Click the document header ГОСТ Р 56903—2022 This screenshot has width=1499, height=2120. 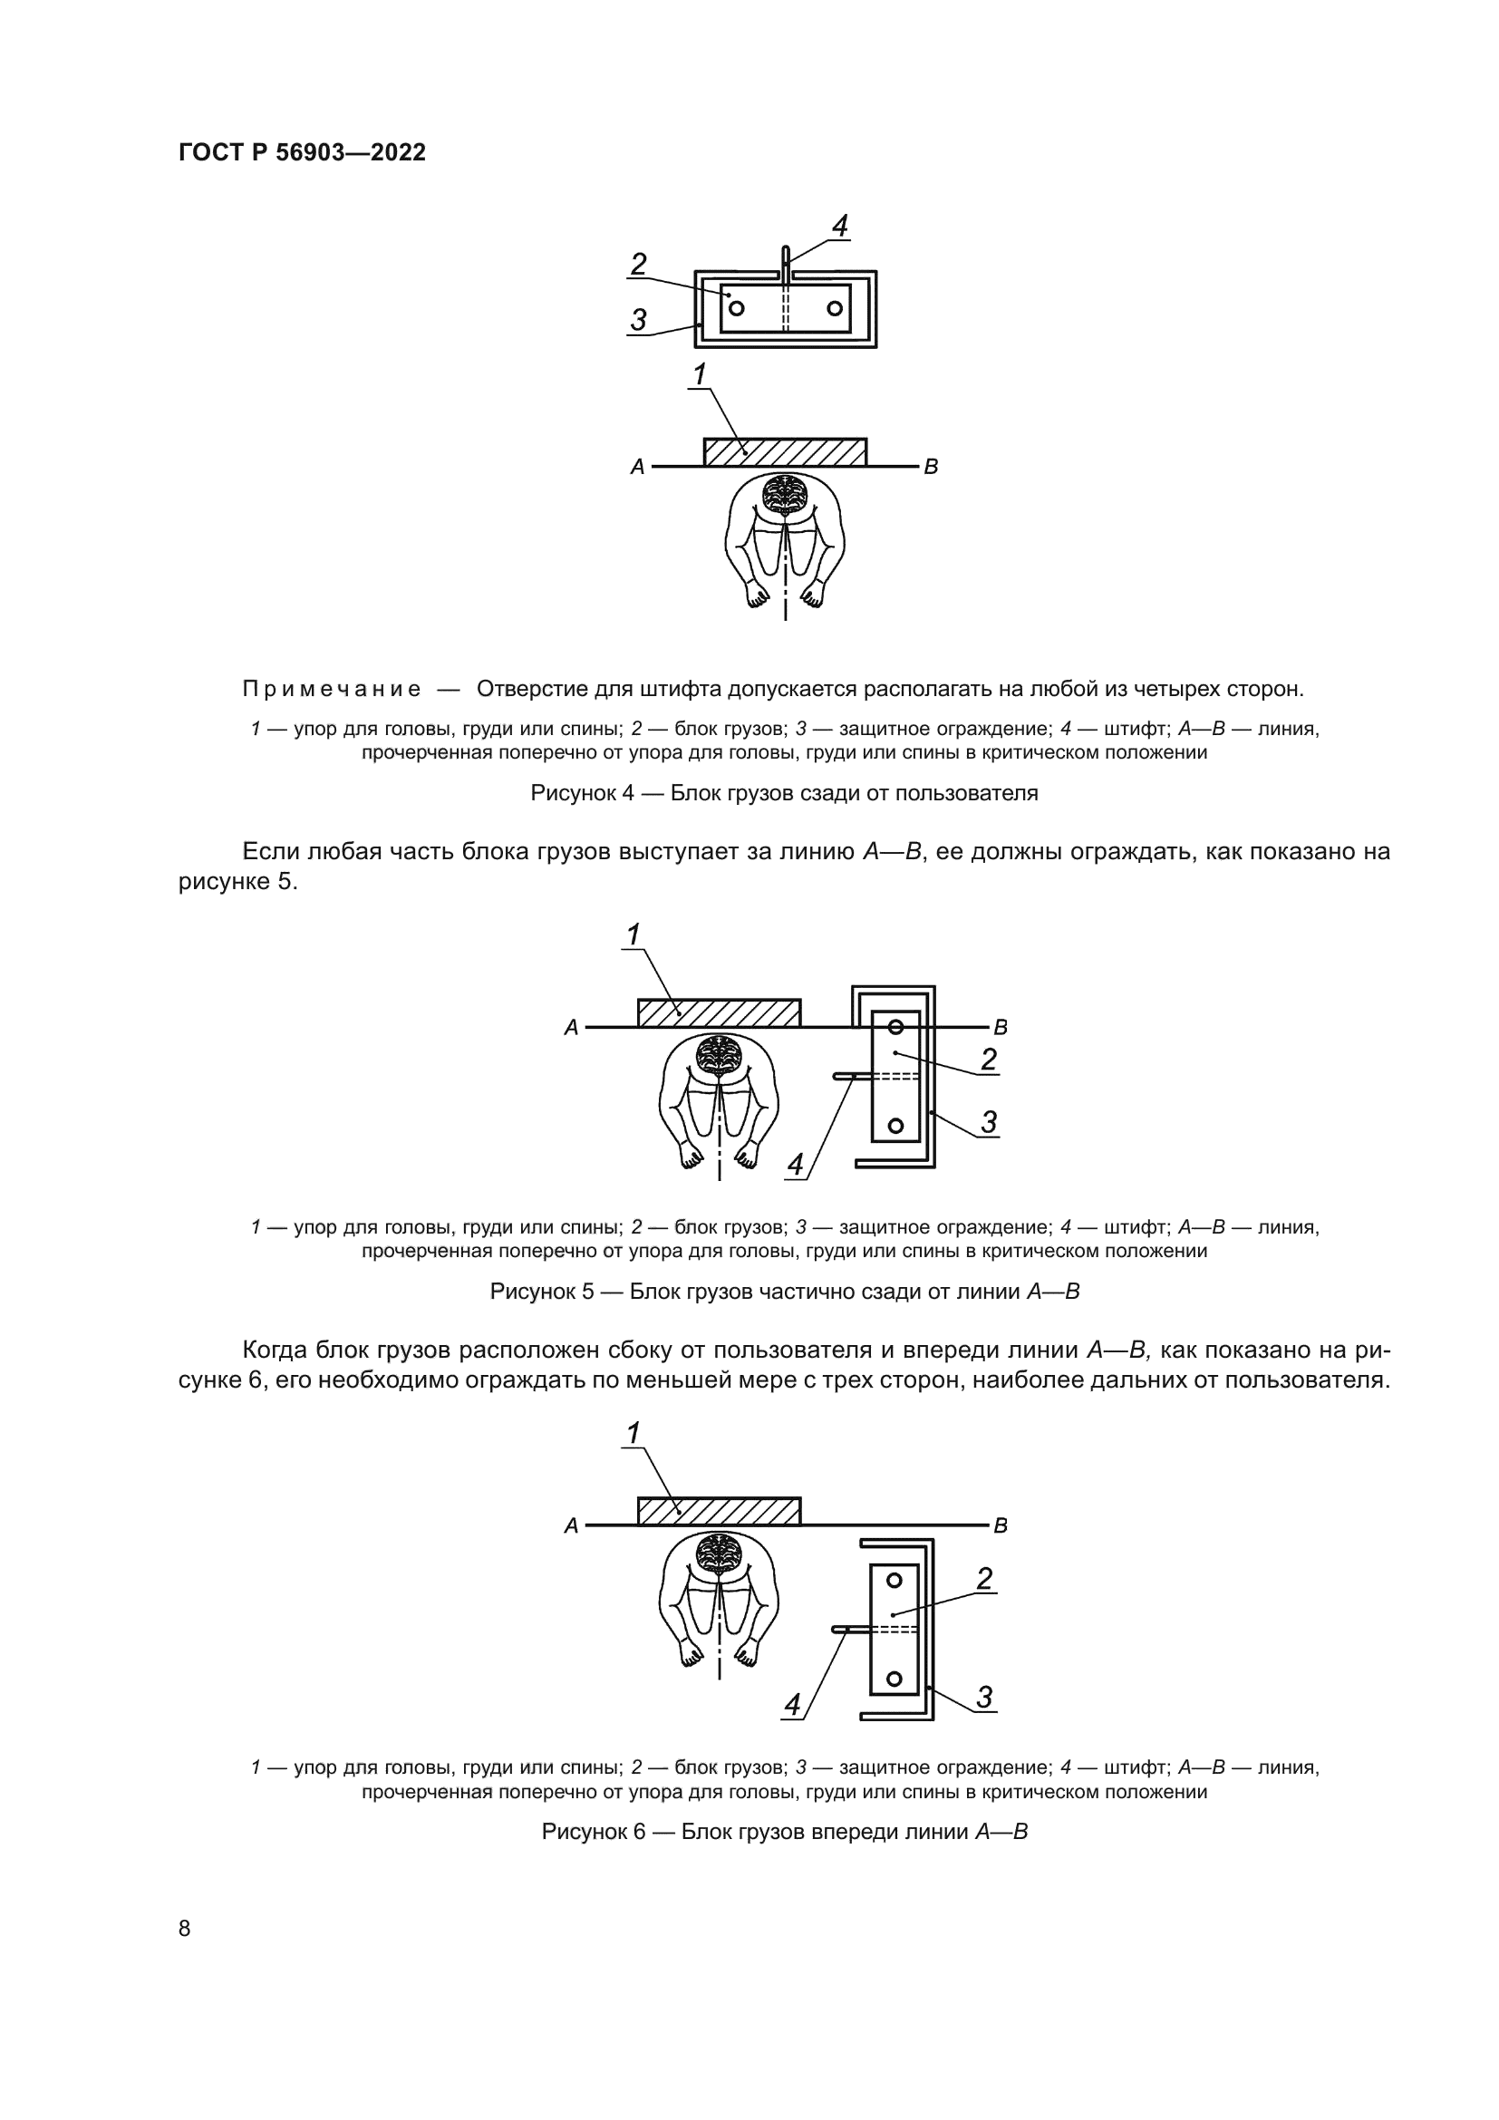(302, 153)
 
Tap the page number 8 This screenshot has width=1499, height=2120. (185, 1929)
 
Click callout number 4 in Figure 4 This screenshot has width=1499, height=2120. (839, 227)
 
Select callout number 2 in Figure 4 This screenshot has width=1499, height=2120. (639, 265)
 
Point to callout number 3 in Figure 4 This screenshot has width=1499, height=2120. (639, 320)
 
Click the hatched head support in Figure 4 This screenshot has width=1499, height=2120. (785, 452)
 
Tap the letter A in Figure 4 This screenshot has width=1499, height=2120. (637, 468)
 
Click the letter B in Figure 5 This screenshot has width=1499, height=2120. (1001, 1027)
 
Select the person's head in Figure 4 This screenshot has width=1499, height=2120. (785, 495)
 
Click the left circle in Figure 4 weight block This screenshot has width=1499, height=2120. (737, 307)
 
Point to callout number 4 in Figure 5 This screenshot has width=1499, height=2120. (796, 1165)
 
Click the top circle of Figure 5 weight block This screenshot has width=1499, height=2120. (895, 1026)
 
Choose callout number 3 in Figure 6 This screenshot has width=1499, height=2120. (985, 1697)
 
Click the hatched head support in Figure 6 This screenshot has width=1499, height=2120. (719, 1512)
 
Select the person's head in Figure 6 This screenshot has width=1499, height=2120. (719, 1554)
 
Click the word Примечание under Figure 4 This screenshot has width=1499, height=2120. (332, 690)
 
